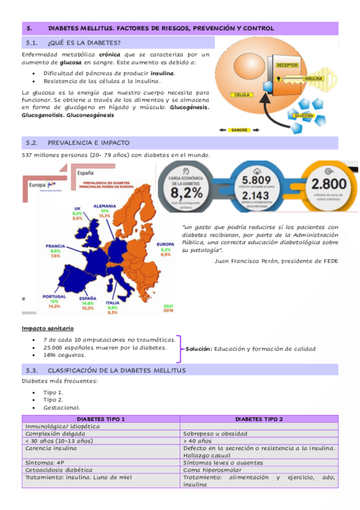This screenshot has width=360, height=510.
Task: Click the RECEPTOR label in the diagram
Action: [x=287, y=65]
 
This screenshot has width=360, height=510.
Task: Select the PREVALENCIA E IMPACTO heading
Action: [x=88, y=143]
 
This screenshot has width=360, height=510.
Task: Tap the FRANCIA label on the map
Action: [x=55, y=246]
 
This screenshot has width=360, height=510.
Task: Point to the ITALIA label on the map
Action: [x=112, y=303]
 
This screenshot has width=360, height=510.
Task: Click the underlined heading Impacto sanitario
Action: [x=47, y=328]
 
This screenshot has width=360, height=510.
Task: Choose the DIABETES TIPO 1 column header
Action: [x=101, y=419]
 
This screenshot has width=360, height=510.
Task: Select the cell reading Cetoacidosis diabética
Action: [x=58, y=470]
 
